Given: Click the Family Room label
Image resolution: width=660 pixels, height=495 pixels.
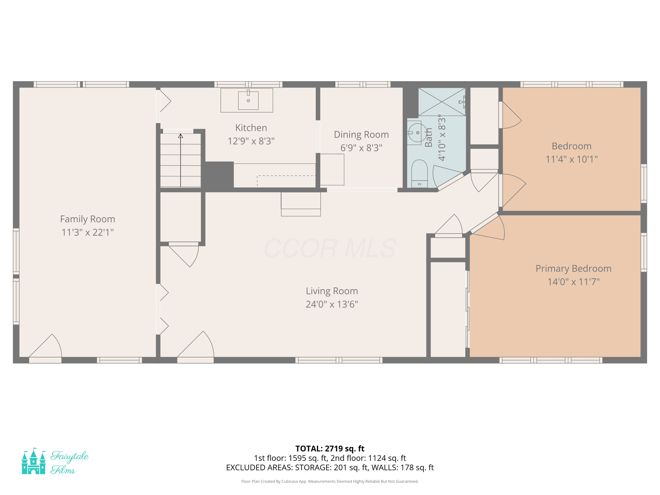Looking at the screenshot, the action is [x=87, y=219].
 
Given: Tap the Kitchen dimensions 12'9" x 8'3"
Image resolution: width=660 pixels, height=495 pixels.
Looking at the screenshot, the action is [x=251, y=141].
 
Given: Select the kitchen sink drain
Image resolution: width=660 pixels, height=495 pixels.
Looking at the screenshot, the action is [x=248, y=101].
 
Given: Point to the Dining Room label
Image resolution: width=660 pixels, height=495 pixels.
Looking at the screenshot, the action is [x=361, y=135].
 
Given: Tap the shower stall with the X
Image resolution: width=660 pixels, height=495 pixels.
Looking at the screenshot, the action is [x=442, y=102].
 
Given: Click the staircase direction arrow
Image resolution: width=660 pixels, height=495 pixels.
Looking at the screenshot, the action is [x=181, y=161].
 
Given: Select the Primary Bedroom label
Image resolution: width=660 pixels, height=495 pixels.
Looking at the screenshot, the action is [x=574, y=269].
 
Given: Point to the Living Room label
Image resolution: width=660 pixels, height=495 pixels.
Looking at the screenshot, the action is [x=332, y=291].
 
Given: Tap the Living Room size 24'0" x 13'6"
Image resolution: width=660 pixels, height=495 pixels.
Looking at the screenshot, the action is [x=332, y=304].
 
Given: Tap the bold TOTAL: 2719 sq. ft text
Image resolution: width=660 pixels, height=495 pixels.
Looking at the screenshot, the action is [x=330, y=448].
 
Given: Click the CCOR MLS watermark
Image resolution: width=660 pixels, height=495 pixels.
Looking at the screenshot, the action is [x=330, y=248].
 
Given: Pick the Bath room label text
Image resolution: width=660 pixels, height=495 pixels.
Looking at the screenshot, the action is [x=429, y=137].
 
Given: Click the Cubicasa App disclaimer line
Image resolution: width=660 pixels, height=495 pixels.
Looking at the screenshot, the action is [x=330, y=481].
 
